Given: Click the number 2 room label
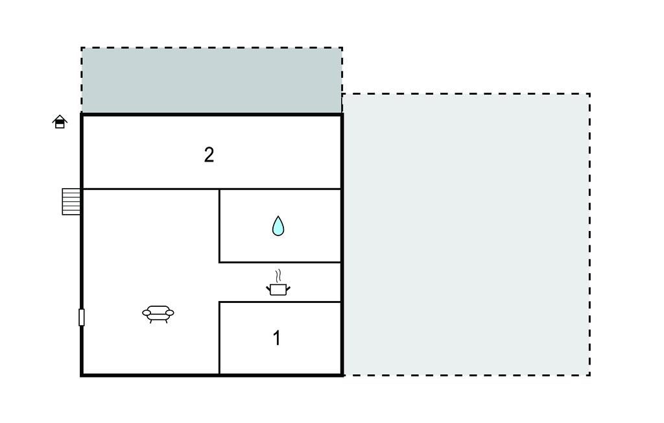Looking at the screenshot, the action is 209,155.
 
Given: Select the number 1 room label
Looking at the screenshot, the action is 276,338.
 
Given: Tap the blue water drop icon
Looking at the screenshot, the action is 278,226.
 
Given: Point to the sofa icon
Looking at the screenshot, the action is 158,314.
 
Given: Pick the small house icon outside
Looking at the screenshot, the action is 60,121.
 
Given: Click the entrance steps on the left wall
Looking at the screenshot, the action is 71,201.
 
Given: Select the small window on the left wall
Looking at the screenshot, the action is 81,317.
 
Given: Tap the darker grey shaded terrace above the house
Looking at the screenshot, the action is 212,80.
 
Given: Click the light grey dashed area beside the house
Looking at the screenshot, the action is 466,234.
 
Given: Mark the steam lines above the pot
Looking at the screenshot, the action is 278,276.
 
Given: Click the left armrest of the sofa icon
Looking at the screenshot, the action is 147,313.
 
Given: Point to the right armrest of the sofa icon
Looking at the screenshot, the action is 169,313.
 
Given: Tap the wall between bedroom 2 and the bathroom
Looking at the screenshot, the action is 280,189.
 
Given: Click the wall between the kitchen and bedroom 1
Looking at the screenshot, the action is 280,302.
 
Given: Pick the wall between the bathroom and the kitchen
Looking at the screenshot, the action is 280,262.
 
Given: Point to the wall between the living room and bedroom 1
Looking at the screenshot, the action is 219,338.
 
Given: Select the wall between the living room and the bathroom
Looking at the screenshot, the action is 219,226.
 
